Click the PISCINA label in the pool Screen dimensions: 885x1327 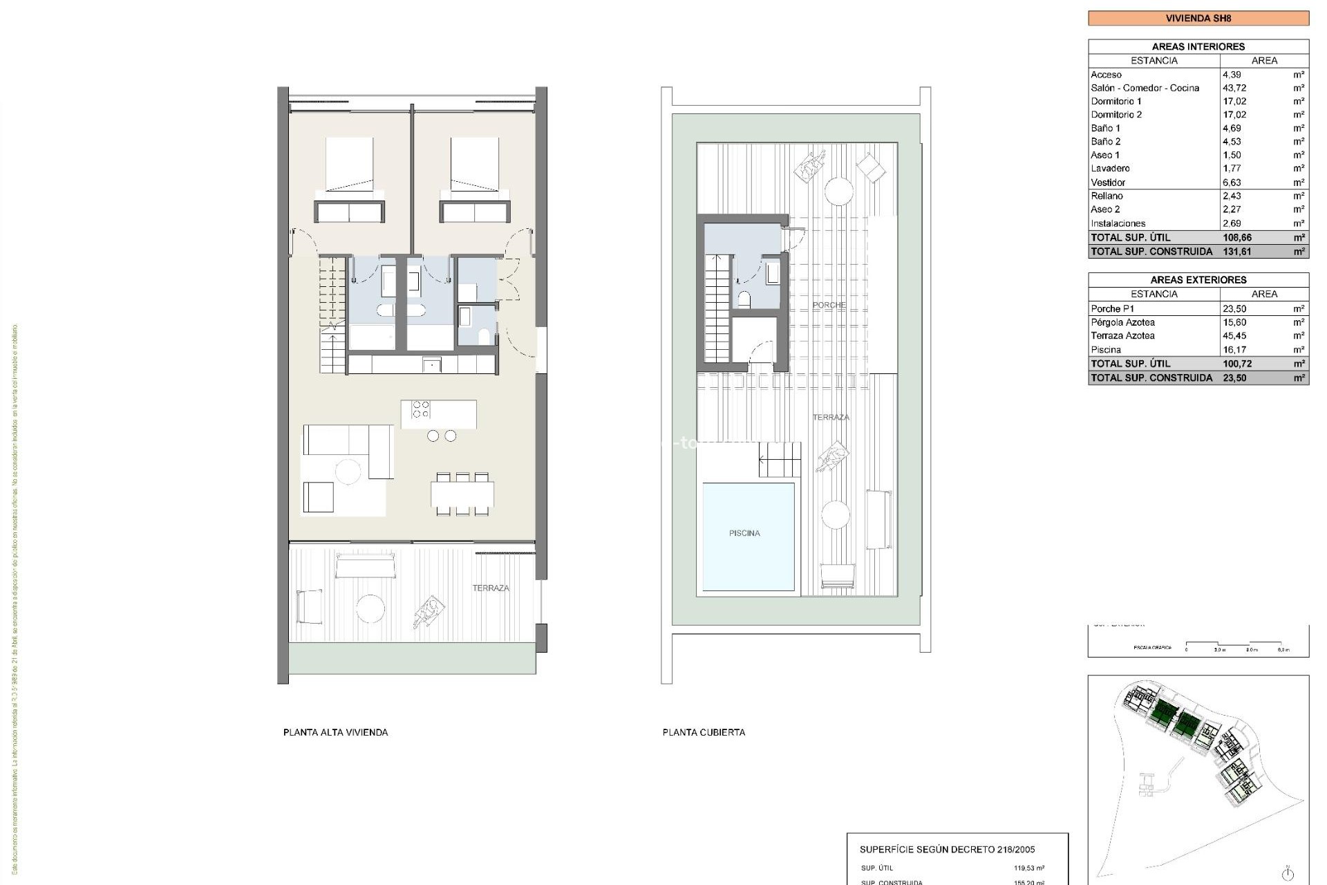coord(744,533)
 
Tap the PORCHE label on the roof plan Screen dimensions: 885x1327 coord(829,305)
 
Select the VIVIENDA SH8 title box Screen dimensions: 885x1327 coord(1198,18)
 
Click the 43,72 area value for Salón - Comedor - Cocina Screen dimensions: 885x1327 coord(1234,88)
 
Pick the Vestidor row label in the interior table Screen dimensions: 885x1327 coord(1108,183)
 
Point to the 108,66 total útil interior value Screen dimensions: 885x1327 coord(1236,237)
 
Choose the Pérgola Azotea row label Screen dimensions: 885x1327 coord(1122,322)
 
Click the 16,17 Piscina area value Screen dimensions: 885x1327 coord(1234,350)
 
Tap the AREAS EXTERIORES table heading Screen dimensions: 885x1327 coord(1198,280)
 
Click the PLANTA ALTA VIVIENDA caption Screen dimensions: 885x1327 coord(335,732)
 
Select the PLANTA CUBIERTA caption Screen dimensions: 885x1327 coord(704,732)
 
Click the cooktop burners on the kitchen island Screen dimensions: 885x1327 coord(420,409)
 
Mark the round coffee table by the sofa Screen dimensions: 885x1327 coord(348,472)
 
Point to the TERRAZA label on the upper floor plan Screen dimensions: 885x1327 coord(491,588)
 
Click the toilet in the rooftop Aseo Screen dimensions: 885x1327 coord(744,299)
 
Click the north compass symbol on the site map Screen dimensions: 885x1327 coord(1287,872)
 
